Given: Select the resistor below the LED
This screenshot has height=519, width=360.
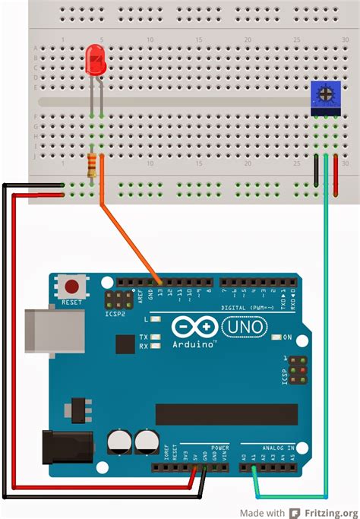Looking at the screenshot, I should [x=93, y=163].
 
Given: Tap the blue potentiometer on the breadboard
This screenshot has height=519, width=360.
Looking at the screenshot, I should [x=326, y=96].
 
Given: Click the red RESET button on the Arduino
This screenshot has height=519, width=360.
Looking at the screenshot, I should [x=72, y=288].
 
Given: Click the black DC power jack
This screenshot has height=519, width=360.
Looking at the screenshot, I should [x=67, y=446].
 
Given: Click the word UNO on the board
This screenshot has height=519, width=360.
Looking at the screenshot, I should [x=244, y=327].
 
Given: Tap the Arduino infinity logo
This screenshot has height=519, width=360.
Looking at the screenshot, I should [x=194, y=328].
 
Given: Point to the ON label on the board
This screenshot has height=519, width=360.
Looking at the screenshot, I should [x=287, y=337].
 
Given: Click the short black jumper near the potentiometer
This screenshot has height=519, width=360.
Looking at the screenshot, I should [x=316, y=169].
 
